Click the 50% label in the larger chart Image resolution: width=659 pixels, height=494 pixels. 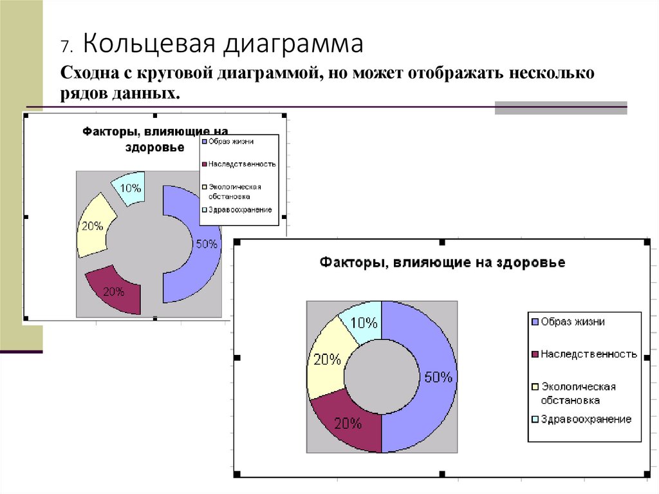tap(438, 377)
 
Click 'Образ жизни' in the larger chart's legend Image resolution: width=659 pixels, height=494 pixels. tap(573, 321)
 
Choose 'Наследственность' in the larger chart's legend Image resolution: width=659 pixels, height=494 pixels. tap(589, 354)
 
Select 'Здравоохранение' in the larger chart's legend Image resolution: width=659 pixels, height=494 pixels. tap(586, 419)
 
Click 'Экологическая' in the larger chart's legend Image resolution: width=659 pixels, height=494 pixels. tap(579, 386)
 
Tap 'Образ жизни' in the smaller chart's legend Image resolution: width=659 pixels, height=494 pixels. tap(230, 141)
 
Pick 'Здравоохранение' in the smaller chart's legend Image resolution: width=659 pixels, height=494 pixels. tap(239, 209)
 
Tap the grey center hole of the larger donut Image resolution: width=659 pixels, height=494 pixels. tap(378, 376)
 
